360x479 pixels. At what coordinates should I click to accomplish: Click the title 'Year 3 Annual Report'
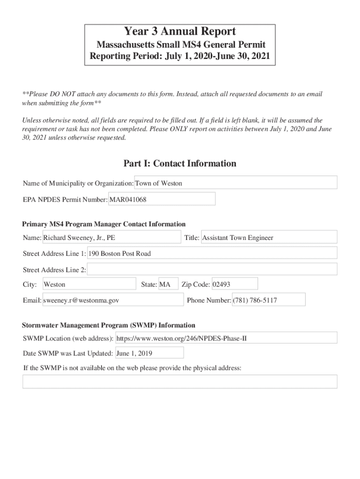[x=180, y=32]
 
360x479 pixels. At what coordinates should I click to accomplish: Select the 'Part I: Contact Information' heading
[x=180, y=163]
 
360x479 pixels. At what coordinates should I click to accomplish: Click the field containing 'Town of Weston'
[x=236, y=183]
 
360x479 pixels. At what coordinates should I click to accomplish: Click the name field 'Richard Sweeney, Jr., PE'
[x=111, y=238]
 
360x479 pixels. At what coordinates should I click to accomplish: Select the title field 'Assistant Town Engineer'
[x=268, y=238]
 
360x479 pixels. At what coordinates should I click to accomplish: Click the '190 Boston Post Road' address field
[x=212, y=254]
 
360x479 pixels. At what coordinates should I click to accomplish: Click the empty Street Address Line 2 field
[x=212, y=269]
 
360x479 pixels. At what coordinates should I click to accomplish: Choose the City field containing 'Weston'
[x=89, y=284]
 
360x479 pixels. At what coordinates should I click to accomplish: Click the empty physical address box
[x=180, y=381]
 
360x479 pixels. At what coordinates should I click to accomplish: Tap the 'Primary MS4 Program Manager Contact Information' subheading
[x=104, y=224]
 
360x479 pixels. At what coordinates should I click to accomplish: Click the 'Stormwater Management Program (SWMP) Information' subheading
[x=108, y=325]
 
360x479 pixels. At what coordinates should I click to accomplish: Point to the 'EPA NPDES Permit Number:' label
[x=65, y=200]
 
